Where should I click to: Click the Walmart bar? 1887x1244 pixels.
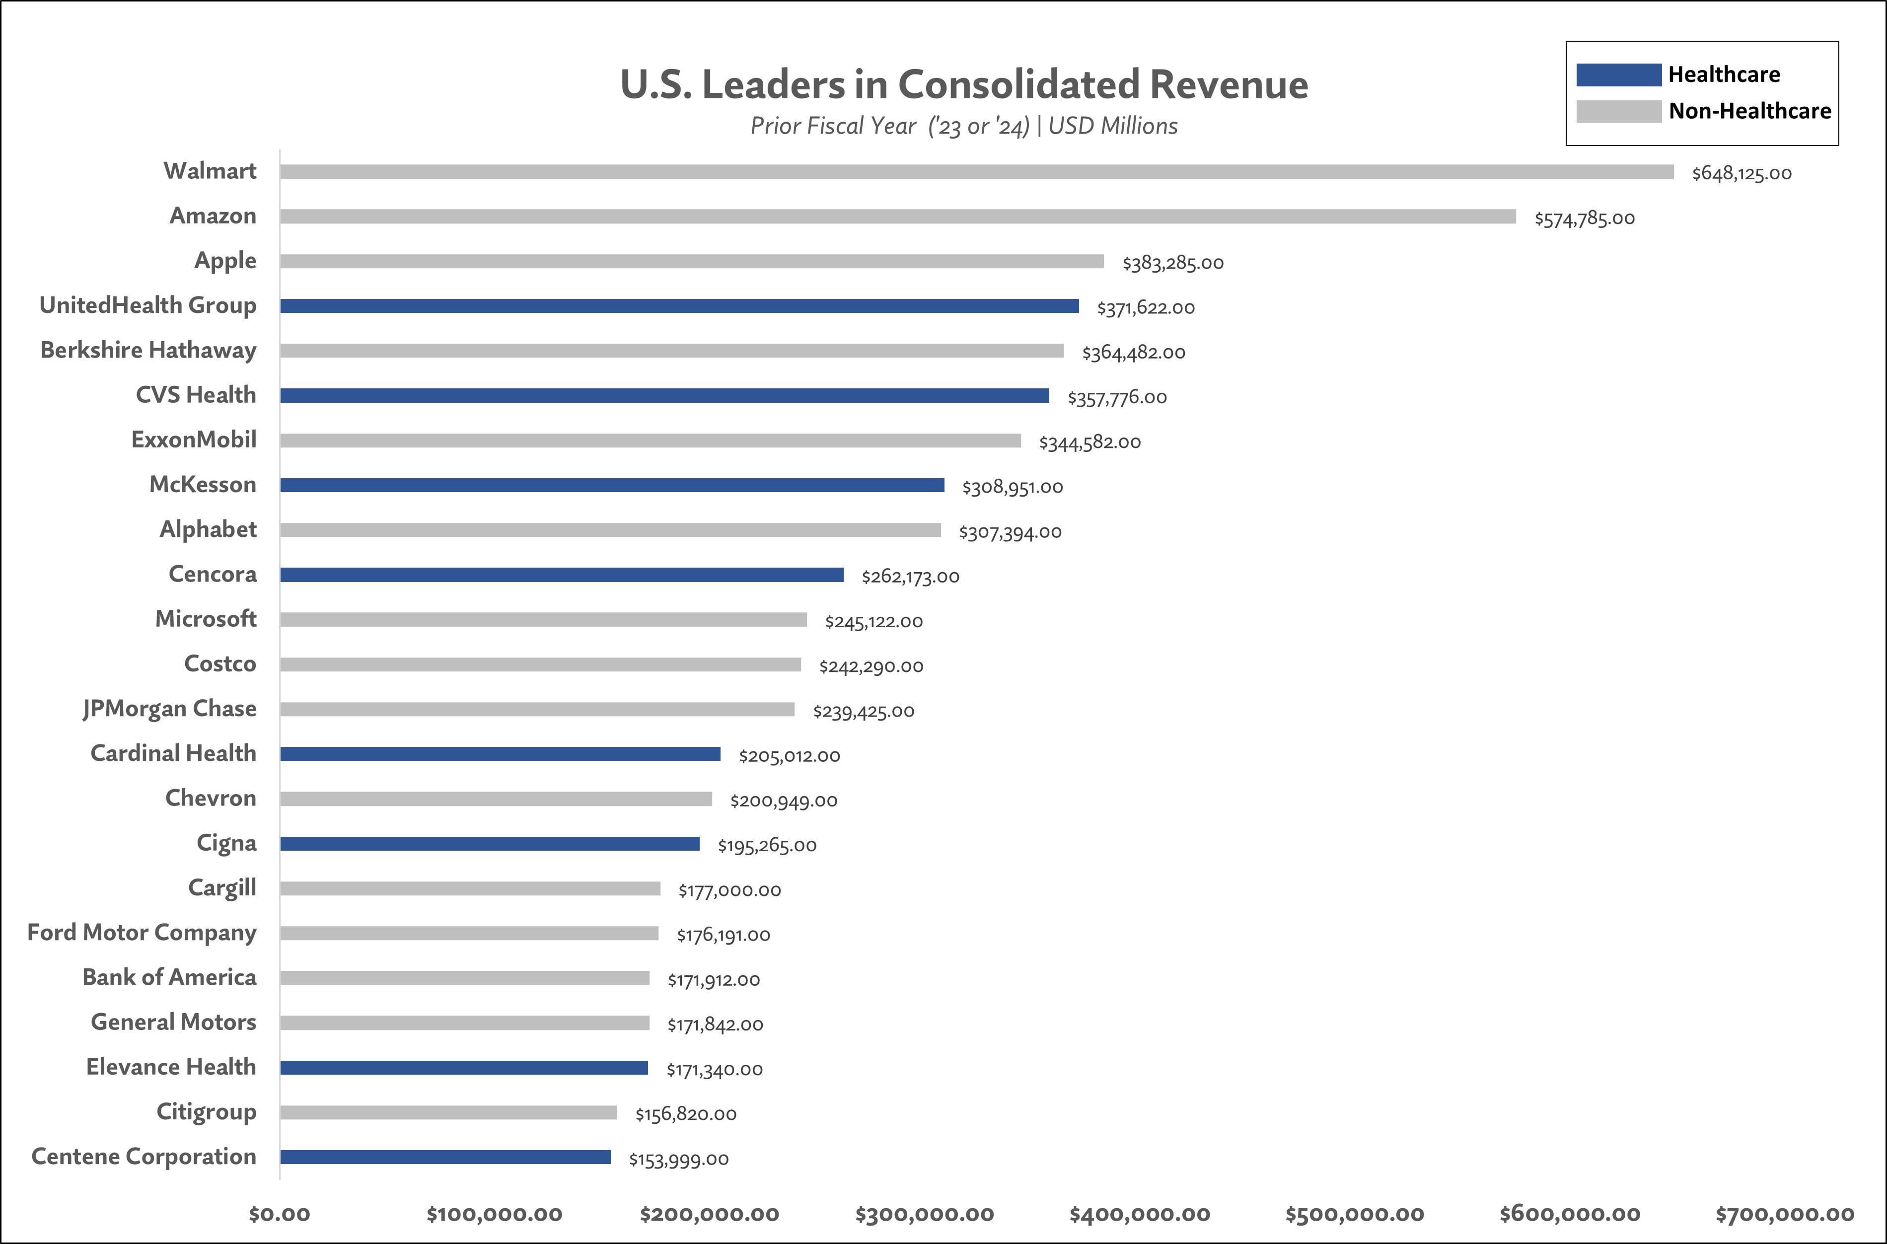[976, 171]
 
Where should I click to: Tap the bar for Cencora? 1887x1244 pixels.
[562, 575]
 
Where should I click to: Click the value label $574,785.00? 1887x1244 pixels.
[1584, 218]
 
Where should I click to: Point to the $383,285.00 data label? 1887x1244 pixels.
[1172, 263]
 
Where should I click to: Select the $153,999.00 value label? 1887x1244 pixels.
[678, 1159]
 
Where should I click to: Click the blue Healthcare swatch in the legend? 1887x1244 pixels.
[1618, 74]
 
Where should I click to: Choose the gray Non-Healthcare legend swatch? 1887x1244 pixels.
[1618, 111]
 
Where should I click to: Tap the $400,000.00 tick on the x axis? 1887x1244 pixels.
[1139, 1214]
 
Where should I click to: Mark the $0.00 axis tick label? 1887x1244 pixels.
[279, 1214]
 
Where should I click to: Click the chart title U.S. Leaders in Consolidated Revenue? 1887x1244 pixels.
[964, 84]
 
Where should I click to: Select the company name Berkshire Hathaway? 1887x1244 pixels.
[148, 350]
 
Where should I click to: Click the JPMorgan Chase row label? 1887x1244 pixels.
[170, 709]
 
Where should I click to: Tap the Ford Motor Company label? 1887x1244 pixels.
[142, 932]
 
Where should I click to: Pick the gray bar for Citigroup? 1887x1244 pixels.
[448, 1113]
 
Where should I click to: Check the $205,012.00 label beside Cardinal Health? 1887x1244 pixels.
[789, 756]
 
